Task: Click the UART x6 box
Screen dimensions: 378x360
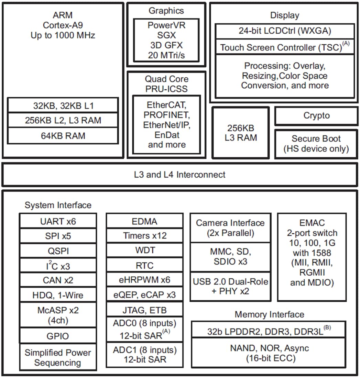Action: pyautogui.click(x=58, y=221)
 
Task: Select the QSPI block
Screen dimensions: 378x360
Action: pyautogui.click(x=58, y=251)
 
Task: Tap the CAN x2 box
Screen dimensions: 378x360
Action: pyautogui.click(x=58, y=280)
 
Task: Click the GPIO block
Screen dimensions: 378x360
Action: pyautogui.click(x=58, y=336)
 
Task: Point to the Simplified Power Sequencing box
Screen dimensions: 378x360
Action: pyautogui.click(x=58, y=357)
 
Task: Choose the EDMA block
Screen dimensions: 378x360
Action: pyautogui.click(x=144, y=221)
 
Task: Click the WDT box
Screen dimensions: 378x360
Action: pyautogui.click(x=144, y=250)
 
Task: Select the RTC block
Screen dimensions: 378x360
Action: pyautogui.click(x=144, y=265)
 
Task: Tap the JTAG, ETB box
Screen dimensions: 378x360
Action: pyautogui.click(x=144, y=310)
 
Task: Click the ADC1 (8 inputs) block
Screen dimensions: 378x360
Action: pyautogui.click(x=144, y=355)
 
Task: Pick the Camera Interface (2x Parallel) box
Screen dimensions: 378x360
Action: pyautogui.click(x=230, y=227)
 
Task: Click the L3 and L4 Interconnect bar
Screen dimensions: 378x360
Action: pyautogui.click(x=179, y=175)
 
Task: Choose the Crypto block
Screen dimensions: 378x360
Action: pyautogui.click(x=316, y=116)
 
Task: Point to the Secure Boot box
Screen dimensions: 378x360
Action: pyautogui.click(x=316, y=144)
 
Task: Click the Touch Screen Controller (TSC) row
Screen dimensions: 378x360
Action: pyautogui.click(x=285, y=47)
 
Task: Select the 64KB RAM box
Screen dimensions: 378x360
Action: pyautogui.click(x=63, y=136)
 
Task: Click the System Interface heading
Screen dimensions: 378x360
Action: pyautogui.click(x=58, y=205)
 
